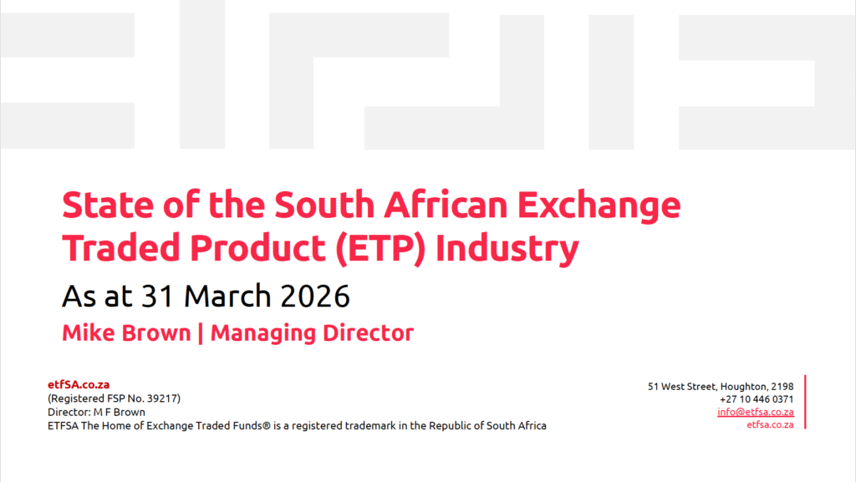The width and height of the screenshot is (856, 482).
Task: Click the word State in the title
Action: (x=109, y=205)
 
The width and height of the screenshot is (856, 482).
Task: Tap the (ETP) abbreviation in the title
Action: (x=380, y=249)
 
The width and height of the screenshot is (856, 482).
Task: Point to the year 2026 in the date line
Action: (x=315, y=296)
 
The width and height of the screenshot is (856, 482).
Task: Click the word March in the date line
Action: (x=227, y=296)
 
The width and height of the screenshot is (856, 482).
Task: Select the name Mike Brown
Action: (x=126, y=333)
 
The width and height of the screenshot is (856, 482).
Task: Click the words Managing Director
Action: (x=312, y=333)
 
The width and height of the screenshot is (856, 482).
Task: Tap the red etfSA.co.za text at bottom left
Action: (x=79, y=384)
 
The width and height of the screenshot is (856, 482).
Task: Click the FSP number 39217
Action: (x=163, y=398)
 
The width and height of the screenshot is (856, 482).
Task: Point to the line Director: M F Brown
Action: (x=97, y=412)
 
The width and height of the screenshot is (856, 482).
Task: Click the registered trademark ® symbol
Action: (x=267, y=426)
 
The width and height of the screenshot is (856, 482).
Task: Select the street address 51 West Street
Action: (x=682, y=387)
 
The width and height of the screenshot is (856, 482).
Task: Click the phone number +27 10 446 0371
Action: (x=757, y=399)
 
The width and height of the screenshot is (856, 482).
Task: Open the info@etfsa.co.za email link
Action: (x=756, y=412)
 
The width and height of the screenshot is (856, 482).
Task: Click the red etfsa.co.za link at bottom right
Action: (x=770, y=424)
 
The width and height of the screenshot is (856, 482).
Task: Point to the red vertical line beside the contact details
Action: (x=805, y=402)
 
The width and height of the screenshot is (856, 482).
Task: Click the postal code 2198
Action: (x=782, y=387)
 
